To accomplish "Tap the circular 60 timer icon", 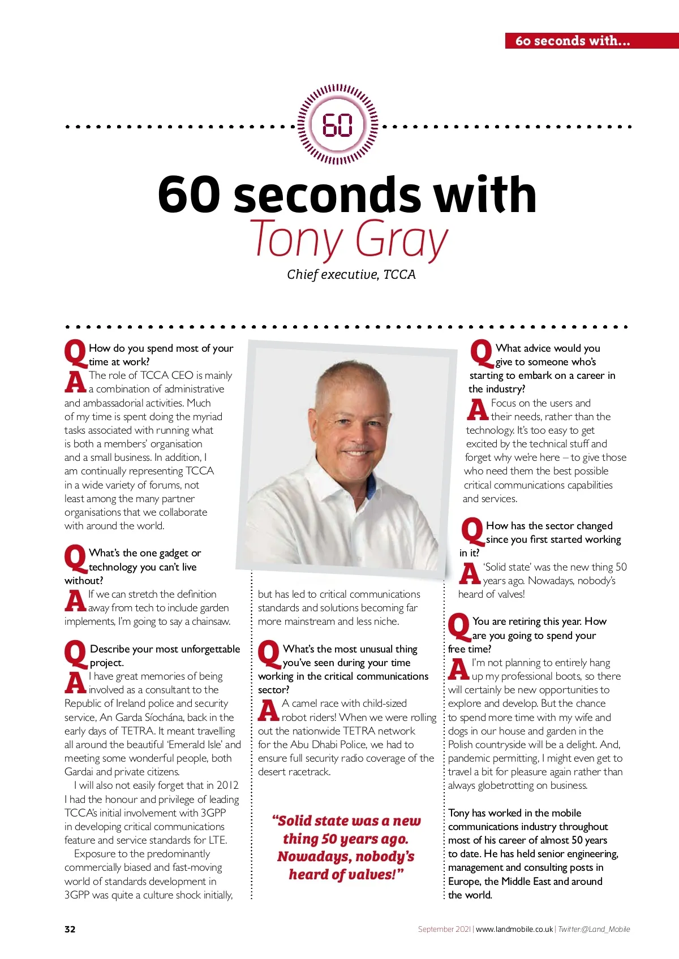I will [x=338, y=125].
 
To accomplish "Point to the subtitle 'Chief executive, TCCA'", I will [x=351, y=275].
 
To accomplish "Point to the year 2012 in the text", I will [x=227, y=785].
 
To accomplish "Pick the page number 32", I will [x=70, y=929].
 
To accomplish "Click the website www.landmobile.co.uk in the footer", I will [x=514, y=929].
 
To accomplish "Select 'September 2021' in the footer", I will [x=444, y=929].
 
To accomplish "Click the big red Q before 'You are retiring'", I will [x=459, y=627].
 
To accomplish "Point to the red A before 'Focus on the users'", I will [x=478, y=409].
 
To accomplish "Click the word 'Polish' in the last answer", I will [x=462, y=745].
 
